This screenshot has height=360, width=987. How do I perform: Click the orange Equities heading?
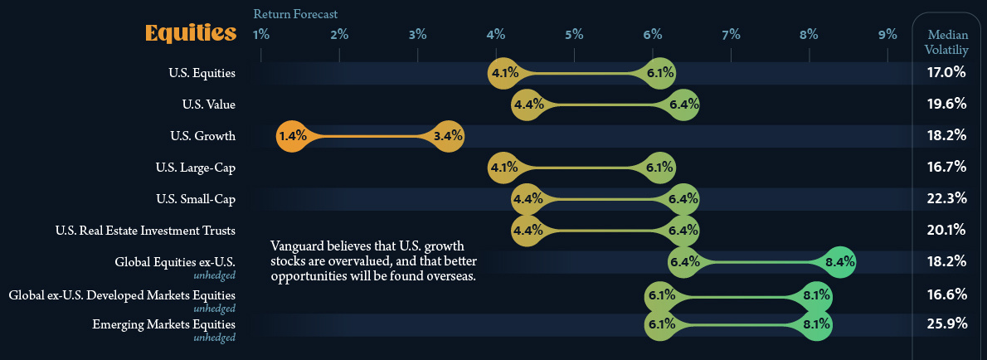[190, 33]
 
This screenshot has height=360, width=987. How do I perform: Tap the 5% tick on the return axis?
[574, 35]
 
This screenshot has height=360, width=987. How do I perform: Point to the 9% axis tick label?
[887, 35]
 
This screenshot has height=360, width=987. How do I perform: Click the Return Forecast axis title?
[295, 14]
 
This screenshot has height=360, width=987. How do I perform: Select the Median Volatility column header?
[946, 42]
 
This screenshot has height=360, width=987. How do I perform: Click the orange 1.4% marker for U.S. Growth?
[293, 135]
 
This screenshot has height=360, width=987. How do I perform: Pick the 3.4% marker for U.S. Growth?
[448, 135]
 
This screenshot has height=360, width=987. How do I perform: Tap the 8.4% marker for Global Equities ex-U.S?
[839, 261]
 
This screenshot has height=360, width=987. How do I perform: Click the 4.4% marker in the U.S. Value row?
[528, 105]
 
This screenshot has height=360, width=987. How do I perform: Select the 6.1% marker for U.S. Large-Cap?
[659, 167]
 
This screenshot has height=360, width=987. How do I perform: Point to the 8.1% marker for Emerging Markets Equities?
[816, 324]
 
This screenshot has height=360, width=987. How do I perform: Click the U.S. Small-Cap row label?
[196, 198]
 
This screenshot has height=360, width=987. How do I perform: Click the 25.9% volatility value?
[946, 324]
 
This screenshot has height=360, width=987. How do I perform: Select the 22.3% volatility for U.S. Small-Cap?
[946, 198]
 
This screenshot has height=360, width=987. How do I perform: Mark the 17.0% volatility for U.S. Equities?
[946, 72]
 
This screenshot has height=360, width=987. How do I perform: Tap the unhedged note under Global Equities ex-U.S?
[214, 275]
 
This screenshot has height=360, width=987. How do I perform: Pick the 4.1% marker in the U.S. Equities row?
[504, 73]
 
